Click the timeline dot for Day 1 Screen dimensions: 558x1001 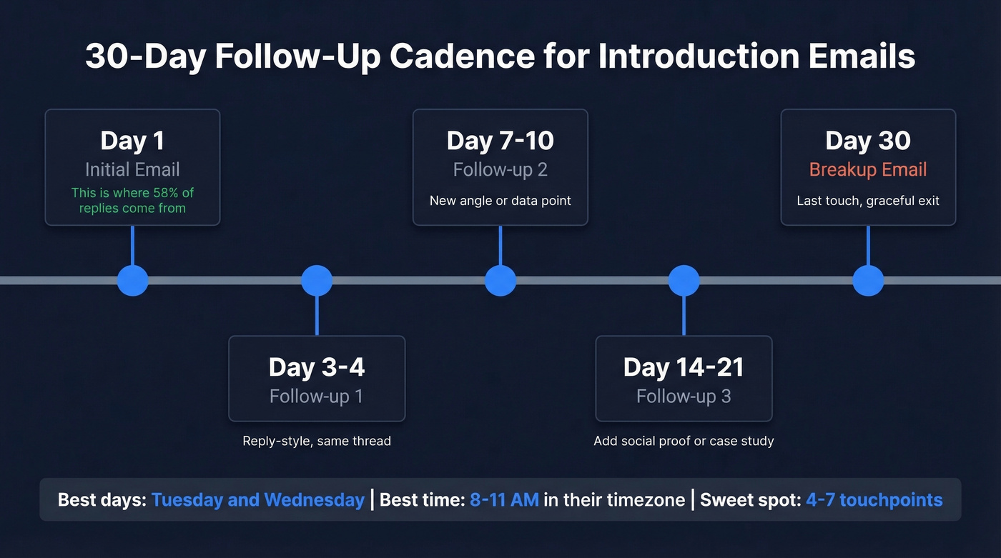point(132,280)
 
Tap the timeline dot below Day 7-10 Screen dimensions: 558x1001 point(500,280)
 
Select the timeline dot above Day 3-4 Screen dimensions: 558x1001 point(317,280)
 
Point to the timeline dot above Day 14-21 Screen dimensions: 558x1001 point(684,280)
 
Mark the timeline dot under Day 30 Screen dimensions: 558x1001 point(868,280)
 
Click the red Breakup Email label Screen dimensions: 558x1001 point(868,170)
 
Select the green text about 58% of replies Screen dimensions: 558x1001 point(132,200)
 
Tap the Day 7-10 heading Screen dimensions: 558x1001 point(500,141)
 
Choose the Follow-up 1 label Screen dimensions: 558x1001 point(317,396)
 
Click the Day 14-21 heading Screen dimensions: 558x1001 point(684,367)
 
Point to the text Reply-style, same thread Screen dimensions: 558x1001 point(317,441)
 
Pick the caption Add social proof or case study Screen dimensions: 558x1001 point(684,441)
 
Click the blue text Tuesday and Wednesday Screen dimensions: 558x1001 point(258,499)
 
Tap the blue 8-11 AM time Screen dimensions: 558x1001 point(504,499)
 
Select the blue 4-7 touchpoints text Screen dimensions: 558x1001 point(874,499)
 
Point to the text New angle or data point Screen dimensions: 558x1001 point(500,200)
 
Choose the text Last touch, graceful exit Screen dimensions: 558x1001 point(868,200)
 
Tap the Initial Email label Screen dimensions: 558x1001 point(132,170)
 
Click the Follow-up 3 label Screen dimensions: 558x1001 point(684,396)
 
